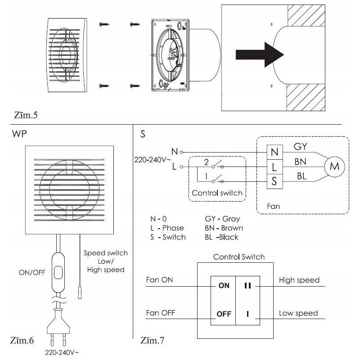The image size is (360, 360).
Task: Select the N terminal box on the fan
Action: tap(274, 152)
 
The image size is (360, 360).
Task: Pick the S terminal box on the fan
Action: tap(274, 182)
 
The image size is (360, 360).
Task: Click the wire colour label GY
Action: tap(301, 147)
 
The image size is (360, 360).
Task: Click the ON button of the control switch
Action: tap(224, 285)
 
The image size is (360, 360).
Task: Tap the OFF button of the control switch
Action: tap(224, 314)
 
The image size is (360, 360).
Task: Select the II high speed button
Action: tap(247, 285)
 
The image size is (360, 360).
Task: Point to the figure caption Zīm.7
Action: tap(153, 340)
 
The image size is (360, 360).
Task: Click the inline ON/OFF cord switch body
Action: tap(57, 273)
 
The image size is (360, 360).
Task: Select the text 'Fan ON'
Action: tap(160, 280)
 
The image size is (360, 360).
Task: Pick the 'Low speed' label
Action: tap(298, 313)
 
